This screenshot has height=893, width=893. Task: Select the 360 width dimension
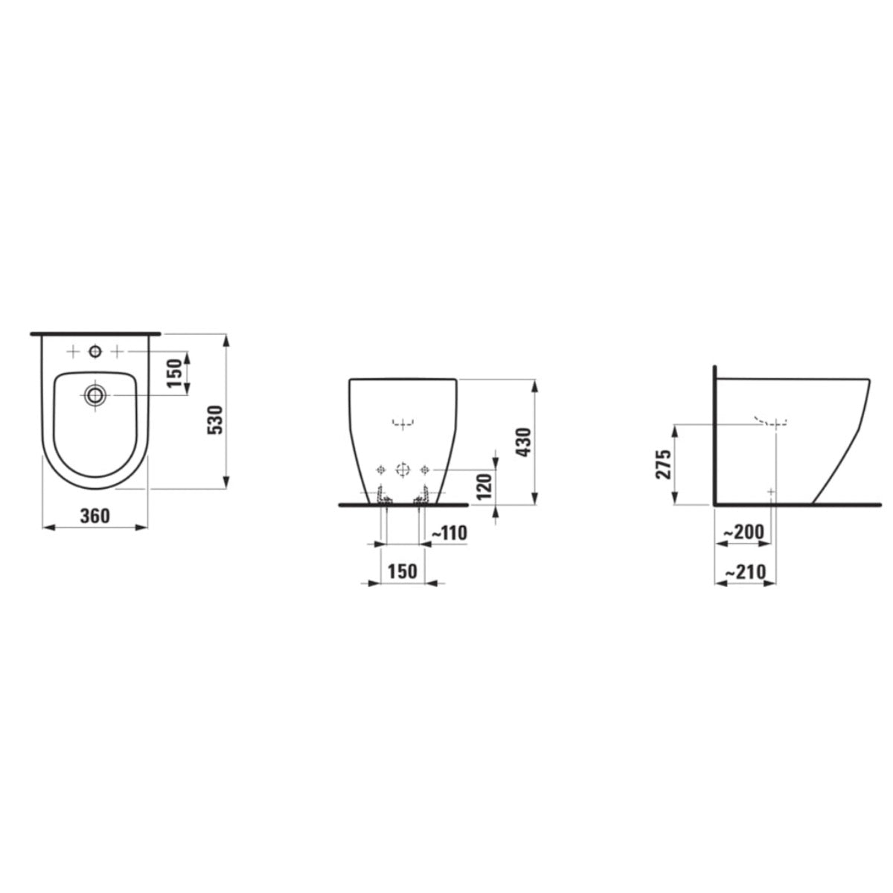[x=95, y=515]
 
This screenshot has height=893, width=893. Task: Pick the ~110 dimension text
[x=449, y=533]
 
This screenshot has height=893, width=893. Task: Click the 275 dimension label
[x=664, y=464]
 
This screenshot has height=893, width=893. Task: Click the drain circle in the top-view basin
[x=95, y=394]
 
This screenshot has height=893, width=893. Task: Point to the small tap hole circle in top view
[x=95, y=351]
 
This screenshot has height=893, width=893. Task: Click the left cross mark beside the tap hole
[x=73, y=351]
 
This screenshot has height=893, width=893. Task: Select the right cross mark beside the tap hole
[x=118, y=351]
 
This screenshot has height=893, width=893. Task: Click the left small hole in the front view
[x=380, y=469]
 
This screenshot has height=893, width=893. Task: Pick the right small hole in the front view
[x=425, y=469]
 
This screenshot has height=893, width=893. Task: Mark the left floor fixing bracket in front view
[x=383, y=496]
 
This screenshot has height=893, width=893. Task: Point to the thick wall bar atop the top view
[x=95, y=333]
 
